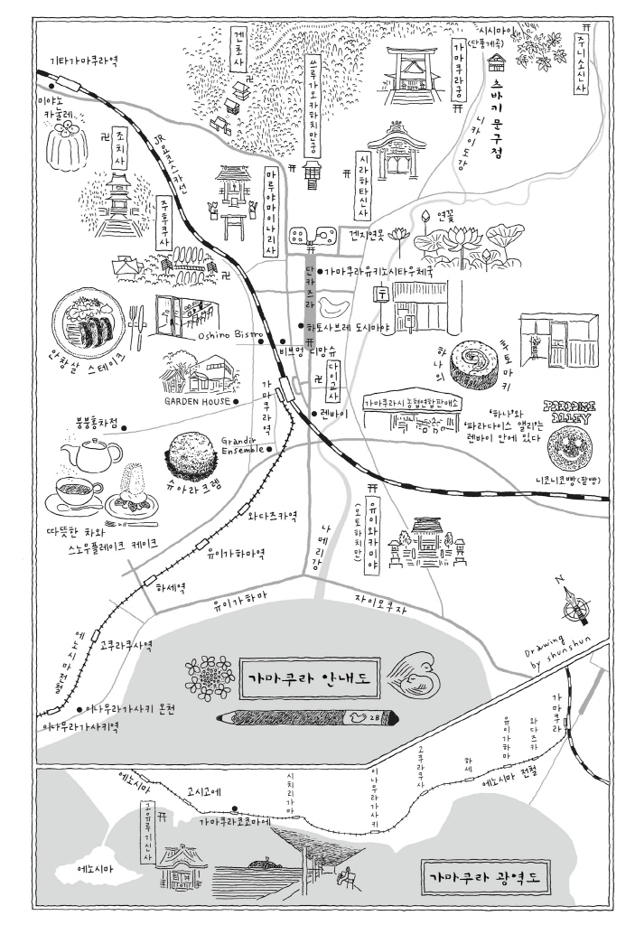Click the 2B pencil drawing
click(306, 717)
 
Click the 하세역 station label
click(170, 586)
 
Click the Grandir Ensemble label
click(241, 444)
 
